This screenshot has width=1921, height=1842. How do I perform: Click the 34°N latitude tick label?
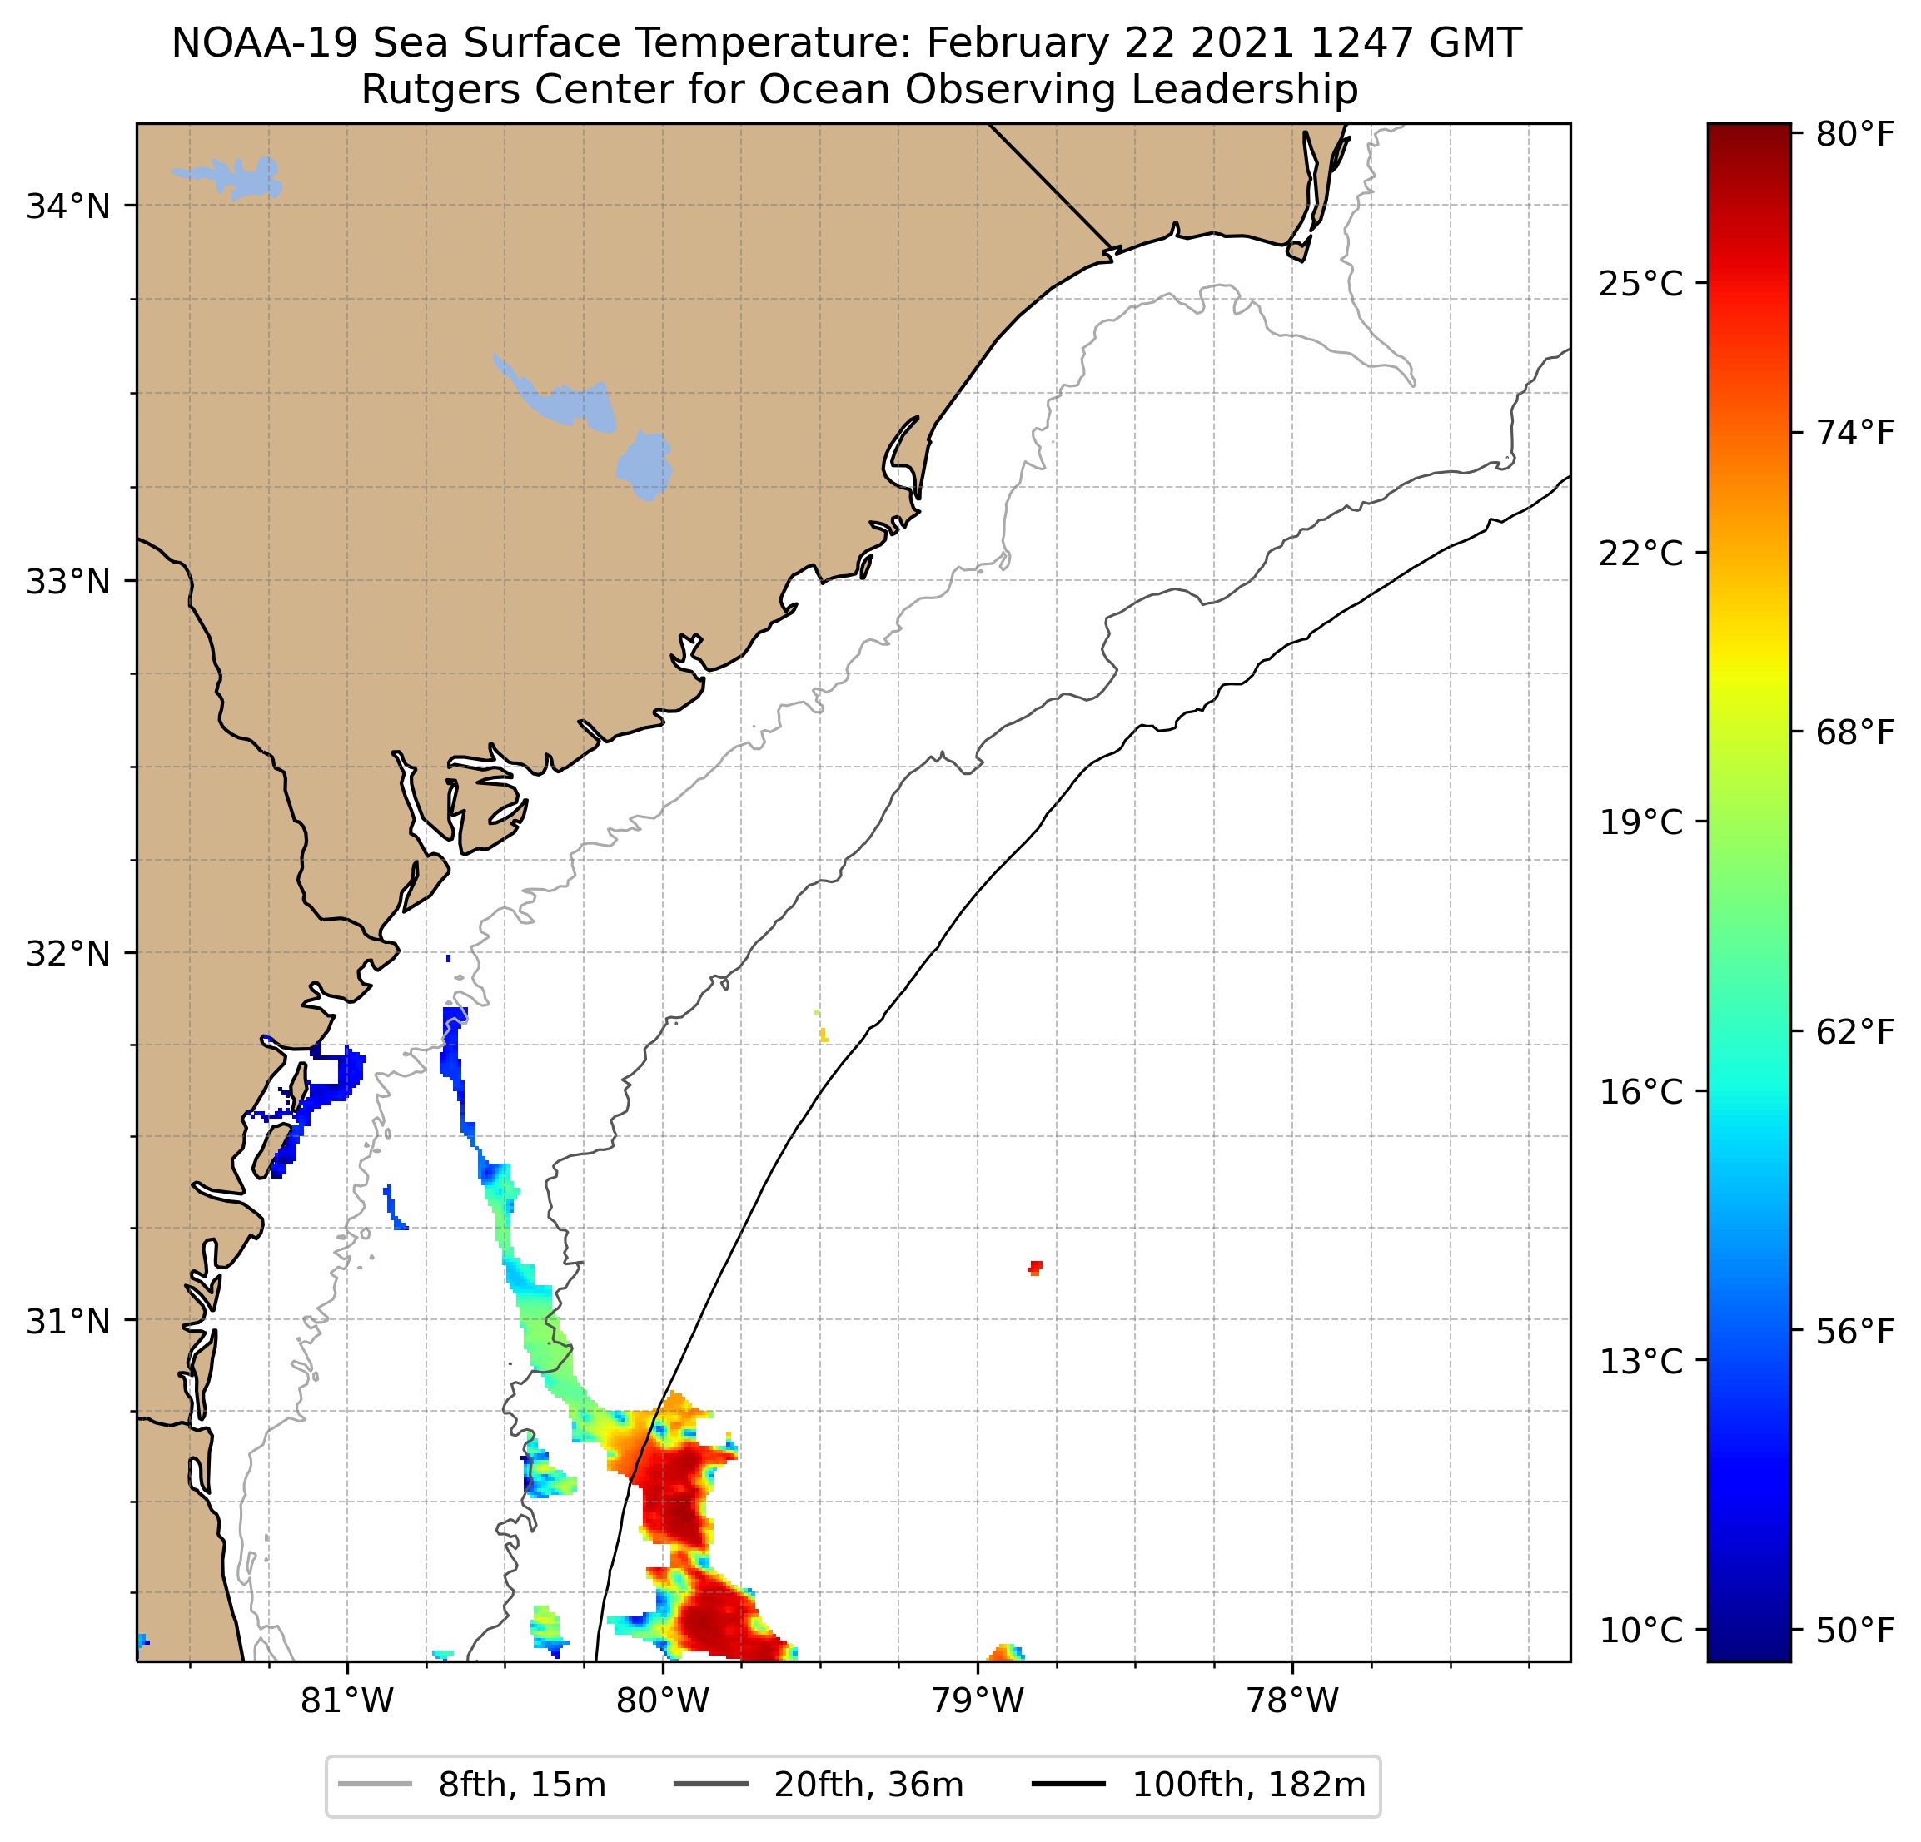67,206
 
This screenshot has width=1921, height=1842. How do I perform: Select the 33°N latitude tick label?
67,581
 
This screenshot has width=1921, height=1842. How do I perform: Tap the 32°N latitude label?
67,952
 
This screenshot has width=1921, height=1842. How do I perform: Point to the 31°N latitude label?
67,1322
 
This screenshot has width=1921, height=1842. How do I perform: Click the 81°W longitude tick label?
347,1700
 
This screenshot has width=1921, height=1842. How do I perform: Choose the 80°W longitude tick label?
663,1700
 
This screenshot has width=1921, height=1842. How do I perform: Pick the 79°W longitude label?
978,1700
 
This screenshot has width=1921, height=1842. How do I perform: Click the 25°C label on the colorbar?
1640,284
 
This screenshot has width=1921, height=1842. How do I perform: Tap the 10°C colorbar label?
1640,1630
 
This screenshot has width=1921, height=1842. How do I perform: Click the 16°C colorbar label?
1640,1090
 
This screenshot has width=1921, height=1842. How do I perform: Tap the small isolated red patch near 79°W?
1035,1267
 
